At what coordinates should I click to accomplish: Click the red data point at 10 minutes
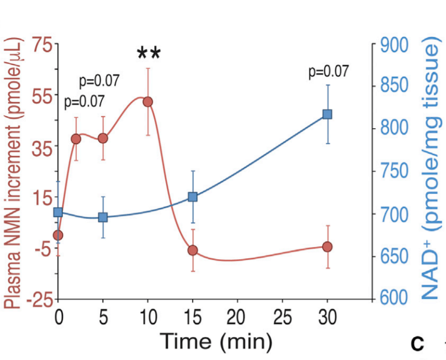(x=148, y=102)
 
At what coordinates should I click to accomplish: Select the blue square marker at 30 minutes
(x=327, y=114)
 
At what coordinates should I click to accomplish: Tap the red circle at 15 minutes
(x=193, y=250)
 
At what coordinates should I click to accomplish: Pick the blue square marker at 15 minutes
(x=193, y=197)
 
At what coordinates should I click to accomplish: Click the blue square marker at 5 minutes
(x=102, y=217)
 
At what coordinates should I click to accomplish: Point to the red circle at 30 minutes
(x=327, y=247)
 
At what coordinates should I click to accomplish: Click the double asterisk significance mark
(x=149, y=54)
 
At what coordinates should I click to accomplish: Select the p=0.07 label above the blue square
(x=328, y=72)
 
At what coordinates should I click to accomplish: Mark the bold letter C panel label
(x=418, y=345)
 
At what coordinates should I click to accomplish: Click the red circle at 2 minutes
(x=76, y=139)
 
